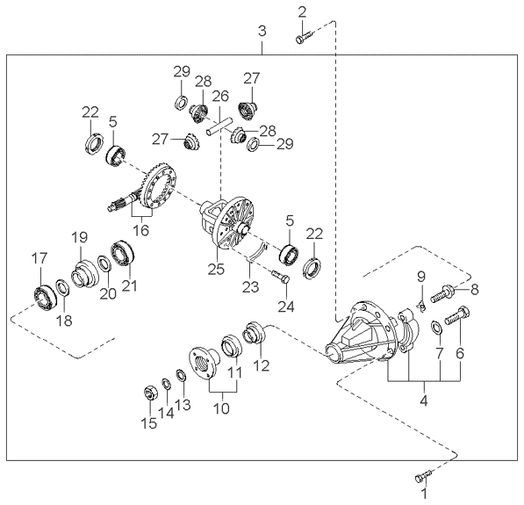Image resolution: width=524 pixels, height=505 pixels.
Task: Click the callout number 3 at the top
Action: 262,32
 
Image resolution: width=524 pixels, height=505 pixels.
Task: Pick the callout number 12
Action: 261,364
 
